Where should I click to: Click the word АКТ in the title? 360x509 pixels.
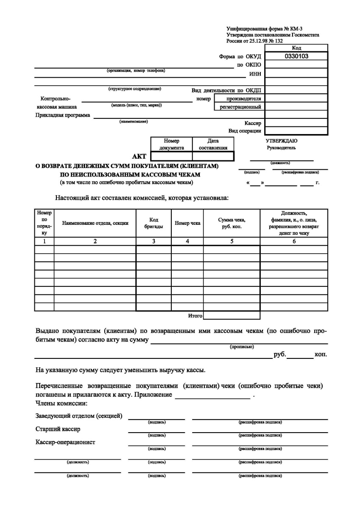(x=140, y=157)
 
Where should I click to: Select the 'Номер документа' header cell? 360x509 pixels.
(x=171, y=144)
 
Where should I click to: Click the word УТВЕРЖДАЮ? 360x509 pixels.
(x=282, y=140)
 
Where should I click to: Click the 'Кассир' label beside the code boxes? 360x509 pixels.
(x=253, y=123)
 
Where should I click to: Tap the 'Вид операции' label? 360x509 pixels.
(x=245, y=131)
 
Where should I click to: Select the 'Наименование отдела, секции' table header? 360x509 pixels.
(x=95, y=223)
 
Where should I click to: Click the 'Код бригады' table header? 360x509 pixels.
(x=153, y=223)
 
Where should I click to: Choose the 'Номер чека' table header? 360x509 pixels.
(x=187, y=223)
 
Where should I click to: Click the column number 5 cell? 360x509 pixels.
(x=232, y=241)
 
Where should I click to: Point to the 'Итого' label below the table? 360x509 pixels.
(x=195, y=316)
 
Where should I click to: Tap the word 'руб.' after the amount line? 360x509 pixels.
(x=280, y=354)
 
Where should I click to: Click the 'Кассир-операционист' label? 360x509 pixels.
(x=65, y=442)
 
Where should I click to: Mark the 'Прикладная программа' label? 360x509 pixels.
(x=62, y=115)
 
